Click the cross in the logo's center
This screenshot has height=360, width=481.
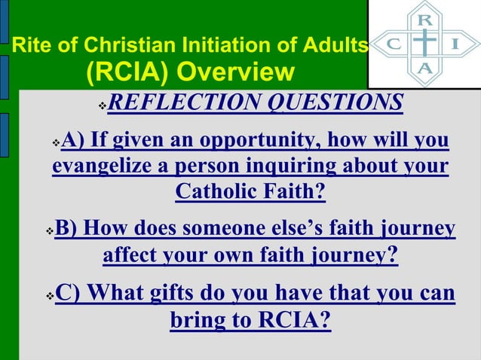click(x=425, y=43)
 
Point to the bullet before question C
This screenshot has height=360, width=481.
click(x=50, y=294)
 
